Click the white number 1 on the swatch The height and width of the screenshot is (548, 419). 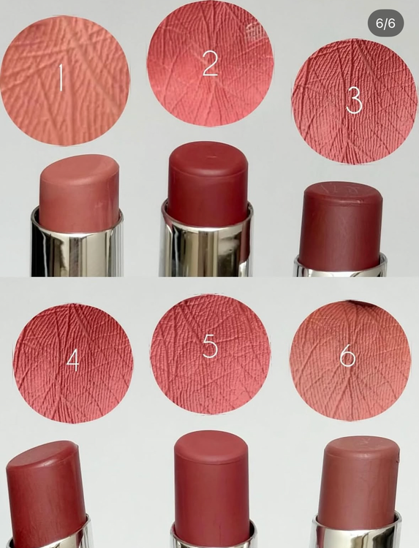coord(61,77)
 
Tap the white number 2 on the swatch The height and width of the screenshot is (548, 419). coord(210,63)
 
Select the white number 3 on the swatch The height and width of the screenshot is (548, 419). coord(354,101)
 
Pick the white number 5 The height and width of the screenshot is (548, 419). coord(210,346)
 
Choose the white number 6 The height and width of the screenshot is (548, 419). coord(347,357)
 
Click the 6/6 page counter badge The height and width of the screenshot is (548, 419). coord(385,23)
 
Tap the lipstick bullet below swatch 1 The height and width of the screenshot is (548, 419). coord(80,191)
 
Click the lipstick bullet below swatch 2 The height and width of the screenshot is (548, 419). coord(208,183)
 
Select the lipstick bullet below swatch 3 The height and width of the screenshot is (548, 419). coord(341,226)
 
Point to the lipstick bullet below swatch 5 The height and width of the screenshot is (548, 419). coord(211,487)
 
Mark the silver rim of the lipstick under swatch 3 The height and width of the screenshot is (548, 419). coord(341,271)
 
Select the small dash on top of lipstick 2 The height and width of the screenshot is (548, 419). coord(211,156)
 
